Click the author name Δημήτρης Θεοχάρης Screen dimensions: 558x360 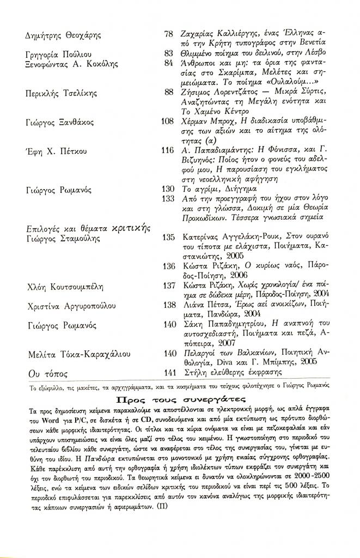tap(63, 35)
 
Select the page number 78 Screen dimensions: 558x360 tap(168, 34)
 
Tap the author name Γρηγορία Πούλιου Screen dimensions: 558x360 tap(59, 54)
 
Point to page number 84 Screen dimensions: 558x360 tap(168, 63)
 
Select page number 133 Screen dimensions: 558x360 tap(167, 198)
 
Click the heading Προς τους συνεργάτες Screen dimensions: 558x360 tap(179, 399)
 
